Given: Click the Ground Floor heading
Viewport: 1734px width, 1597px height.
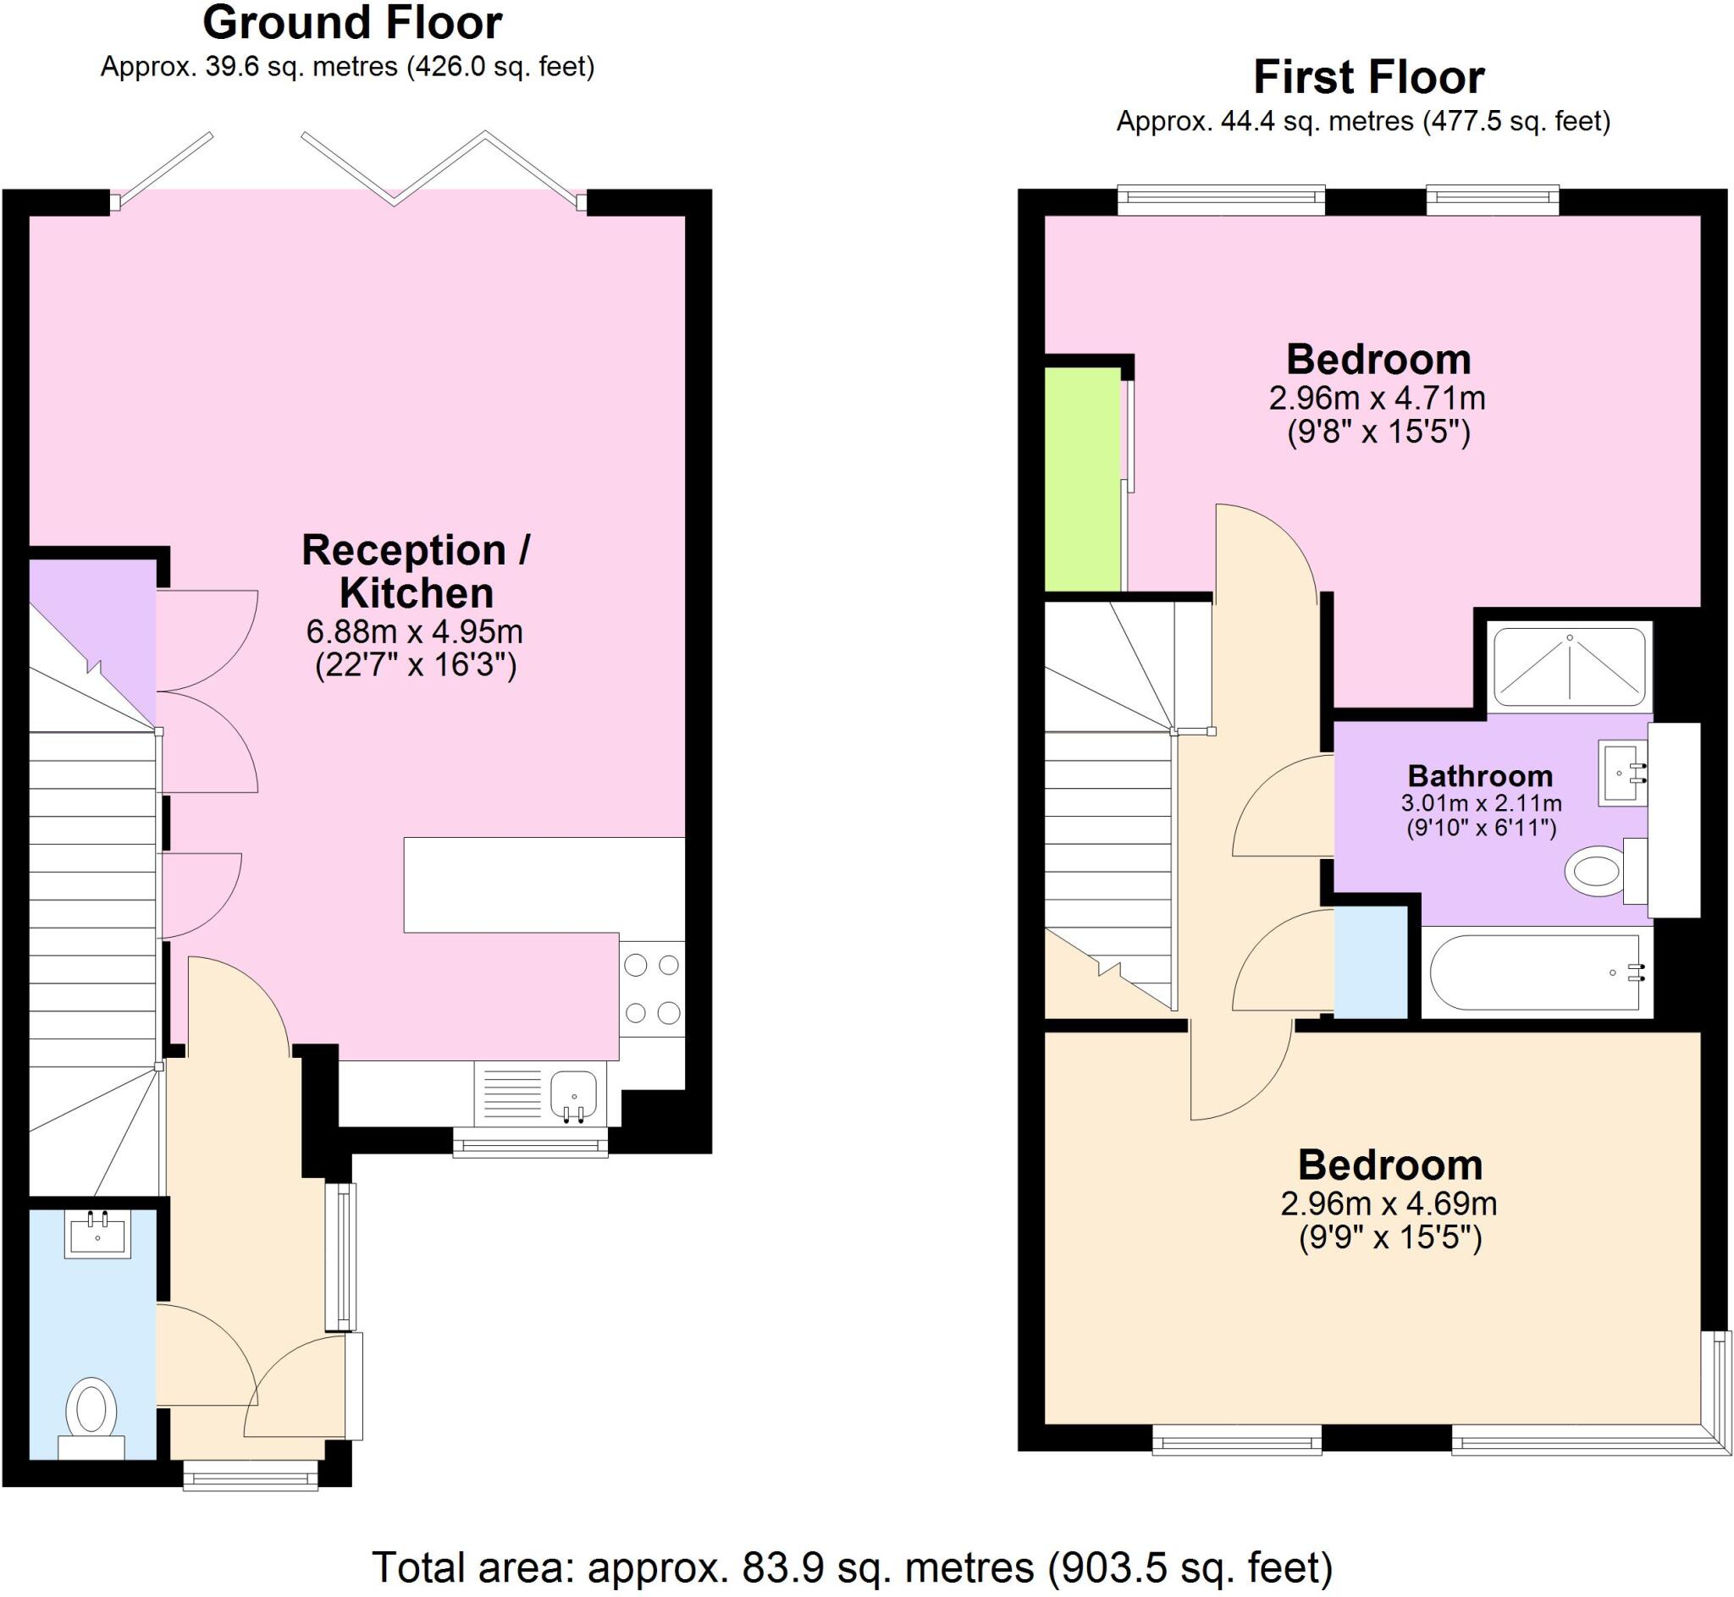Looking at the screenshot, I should point(352,24).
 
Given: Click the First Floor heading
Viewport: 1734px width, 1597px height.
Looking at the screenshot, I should point(1368,78).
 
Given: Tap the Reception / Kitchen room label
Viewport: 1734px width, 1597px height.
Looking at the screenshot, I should point(416,571).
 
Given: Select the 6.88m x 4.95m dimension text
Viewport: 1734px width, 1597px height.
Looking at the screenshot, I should point(415,631).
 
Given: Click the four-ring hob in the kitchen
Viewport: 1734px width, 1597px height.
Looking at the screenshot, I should point(652,988).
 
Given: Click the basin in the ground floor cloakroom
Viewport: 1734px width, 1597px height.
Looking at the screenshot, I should point(97,1234).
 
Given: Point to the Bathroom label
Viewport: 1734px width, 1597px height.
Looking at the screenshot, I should point(1480,775).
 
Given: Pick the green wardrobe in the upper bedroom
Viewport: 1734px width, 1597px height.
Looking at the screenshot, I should point(1082,480).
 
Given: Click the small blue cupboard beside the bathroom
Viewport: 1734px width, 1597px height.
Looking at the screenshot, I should point(1371,961).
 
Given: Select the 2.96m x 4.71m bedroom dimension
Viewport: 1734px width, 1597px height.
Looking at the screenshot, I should point(1377,399).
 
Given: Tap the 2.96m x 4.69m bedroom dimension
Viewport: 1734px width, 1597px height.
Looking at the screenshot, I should point(1389,1203).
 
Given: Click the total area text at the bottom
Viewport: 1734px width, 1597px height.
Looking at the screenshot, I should point(852,1567).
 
